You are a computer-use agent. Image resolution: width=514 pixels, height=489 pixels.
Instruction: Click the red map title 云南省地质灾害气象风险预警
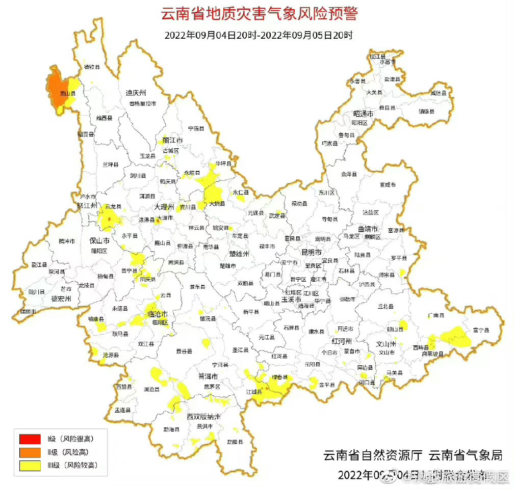point(259,14)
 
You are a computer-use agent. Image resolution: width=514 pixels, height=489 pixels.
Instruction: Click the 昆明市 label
point(311,252)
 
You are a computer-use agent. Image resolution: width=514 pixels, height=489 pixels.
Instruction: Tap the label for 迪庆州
point(136,93)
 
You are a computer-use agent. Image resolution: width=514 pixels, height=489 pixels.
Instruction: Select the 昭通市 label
point(364,114)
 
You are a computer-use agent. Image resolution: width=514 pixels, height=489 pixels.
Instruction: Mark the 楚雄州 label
point(239,253)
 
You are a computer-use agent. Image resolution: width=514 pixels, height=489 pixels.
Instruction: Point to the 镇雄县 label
point(426,112)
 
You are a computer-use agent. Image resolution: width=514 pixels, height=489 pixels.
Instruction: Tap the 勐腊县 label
point(235,442)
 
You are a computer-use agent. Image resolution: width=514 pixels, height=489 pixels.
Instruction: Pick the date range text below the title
point(259,36)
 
